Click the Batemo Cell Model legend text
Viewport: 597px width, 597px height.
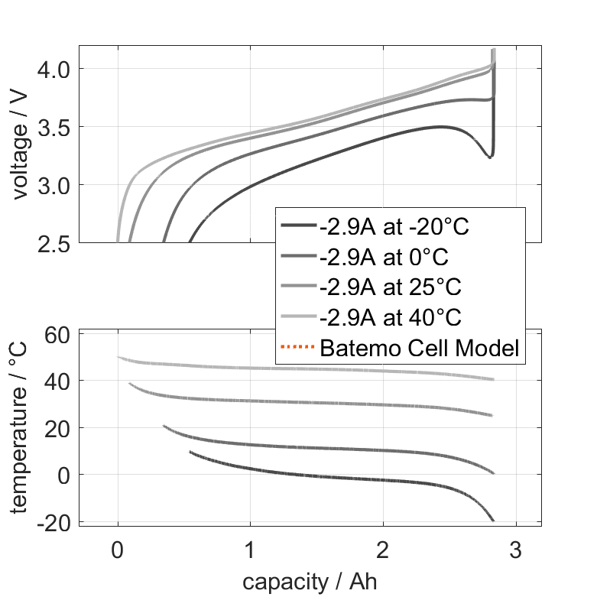coord(420,349)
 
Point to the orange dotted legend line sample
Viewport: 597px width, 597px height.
coord(297,349)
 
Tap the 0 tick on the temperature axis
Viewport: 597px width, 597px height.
coord(64,475)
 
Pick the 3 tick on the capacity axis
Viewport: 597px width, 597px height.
coord(516,550)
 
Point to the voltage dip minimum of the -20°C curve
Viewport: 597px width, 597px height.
coord(490,157)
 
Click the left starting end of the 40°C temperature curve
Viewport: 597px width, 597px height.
coord(118,357)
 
